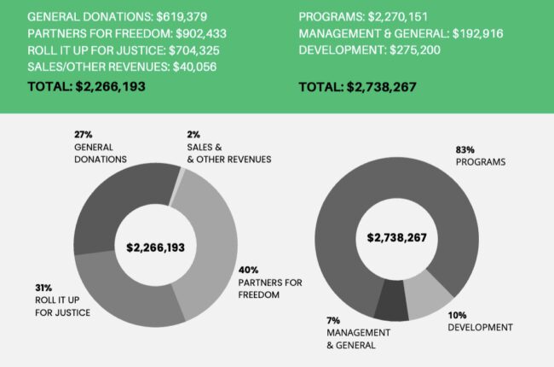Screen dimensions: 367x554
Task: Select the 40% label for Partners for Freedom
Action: pyautogui.click(x=249, y=269)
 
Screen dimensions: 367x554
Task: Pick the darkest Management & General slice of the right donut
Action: pyautogui.click(x=390, y=305)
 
